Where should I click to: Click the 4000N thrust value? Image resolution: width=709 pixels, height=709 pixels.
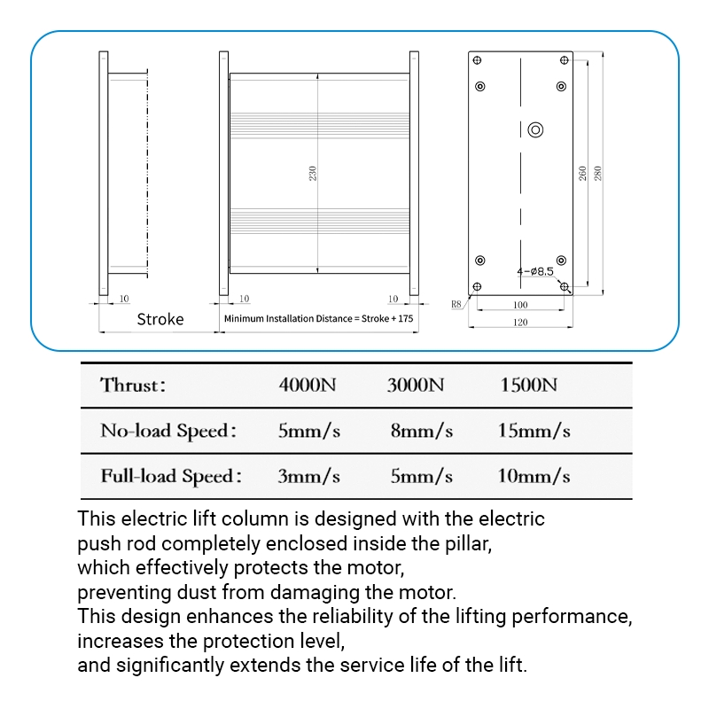(x=308, y=385)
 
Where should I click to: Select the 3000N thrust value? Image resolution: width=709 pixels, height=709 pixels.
(x=416, y=385)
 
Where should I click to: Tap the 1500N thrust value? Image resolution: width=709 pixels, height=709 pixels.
(x=528, y=385)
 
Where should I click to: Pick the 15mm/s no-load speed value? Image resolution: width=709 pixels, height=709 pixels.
(x=534, y=431)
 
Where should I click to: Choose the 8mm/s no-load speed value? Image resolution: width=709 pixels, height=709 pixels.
(x=422, y=431)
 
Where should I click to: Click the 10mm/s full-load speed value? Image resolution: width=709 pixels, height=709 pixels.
(x=534, y=476)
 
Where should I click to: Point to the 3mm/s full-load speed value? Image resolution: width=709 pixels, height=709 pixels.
(x=308, y=476)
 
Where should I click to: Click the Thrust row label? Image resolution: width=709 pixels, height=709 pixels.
(x=132, y=386)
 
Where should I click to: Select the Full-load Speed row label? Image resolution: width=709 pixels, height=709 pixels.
(x=171, y=477)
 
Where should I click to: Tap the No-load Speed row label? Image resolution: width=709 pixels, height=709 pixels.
(x=168, y=431)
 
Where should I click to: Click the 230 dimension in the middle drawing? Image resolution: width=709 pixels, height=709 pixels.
(x=313, y=173)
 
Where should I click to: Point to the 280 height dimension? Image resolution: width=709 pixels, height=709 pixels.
(x=597, y=173)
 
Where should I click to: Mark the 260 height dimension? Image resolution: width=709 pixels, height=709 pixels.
(x=582, y=173)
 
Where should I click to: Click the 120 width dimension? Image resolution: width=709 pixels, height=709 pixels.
(x=520, y=323)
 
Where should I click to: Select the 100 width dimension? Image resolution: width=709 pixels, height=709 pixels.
(x=520, y=305)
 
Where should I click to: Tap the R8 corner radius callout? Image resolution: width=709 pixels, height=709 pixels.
(x=456, y=304)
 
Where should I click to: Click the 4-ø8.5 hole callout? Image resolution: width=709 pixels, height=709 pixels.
(x=535, y=271)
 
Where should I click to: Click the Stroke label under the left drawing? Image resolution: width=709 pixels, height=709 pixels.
(x=160, y=319)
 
